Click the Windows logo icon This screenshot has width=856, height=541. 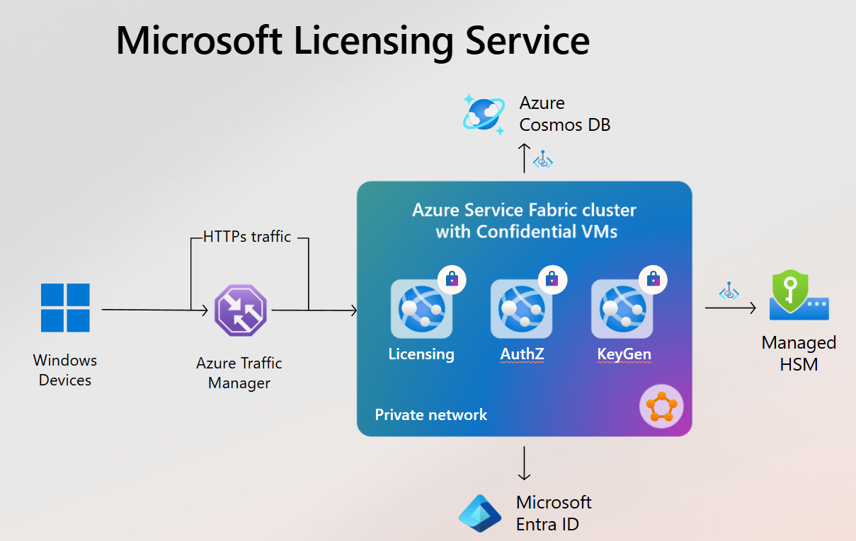(x=65, y=308)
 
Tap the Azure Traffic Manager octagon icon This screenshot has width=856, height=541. (x=241, y=310)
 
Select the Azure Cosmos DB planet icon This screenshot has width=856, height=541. (x=484, y=113)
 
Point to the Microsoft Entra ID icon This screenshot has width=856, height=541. (x=480, y=513)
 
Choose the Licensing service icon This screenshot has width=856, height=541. (x=421, y=309)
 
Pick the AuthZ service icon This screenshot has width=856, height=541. (x=521, y=309)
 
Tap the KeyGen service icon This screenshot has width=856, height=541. (x=622, y=309)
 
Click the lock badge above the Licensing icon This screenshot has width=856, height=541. (x=452, y=280)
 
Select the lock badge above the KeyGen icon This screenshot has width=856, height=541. (x=654, y=280)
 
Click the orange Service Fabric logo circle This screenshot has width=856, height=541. (x=661, y=407)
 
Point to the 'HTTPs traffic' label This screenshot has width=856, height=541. (x=247, y=237)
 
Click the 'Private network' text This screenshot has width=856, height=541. (x=430, y=414)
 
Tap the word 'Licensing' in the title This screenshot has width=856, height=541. (x=374, y=40)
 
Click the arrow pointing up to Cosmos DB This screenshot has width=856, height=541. (x=524, y=157)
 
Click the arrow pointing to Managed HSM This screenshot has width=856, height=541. (x=730, y=308)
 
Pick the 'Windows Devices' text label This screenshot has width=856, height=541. (x=65, y=370)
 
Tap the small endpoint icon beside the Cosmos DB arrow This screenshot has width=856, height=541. (x=543, y=159)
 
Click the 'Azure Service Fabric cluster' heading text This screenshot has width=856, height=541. (x=524, y=211)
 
